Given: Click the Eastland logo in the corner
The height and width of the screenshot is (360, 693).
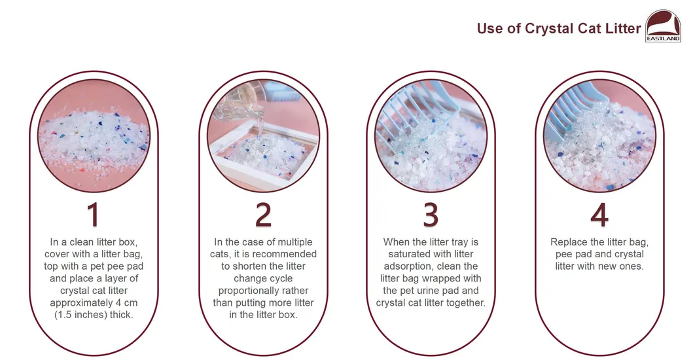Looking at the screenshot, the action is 664,26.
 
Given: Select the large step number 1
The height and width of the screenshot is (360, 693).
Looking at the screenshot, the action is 94,215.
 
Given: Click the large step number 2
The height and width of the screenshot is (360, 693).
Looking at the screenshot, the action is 263,215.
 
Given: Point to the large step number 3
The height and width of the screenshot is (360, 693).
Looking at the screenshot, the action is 431,215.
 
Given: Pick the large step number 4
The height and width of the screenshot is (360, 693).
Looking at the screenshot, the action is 599,215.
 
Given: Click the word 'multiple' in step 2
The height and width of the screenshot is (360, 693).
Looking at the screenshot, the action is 294,242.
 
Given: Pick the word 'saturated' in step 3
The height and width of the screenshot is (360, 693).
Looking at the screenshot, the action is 408,255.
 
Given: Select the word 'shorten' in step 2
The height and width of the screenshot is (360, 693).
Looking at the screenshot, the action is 250,266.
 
